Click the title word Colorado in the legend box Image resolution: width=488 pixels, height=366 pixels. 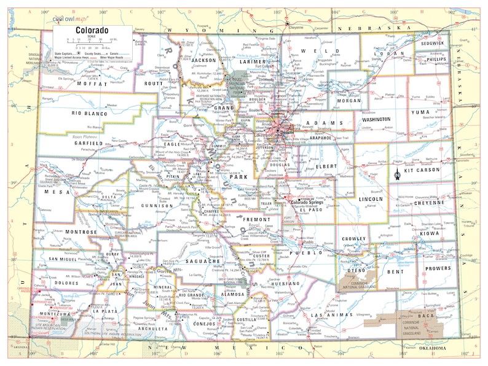coord(92,29)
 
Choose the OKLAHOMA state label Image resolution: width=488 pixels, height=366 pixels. coord(428,349)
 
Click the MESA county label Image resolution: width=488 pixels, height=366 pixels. coord(55,191)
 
